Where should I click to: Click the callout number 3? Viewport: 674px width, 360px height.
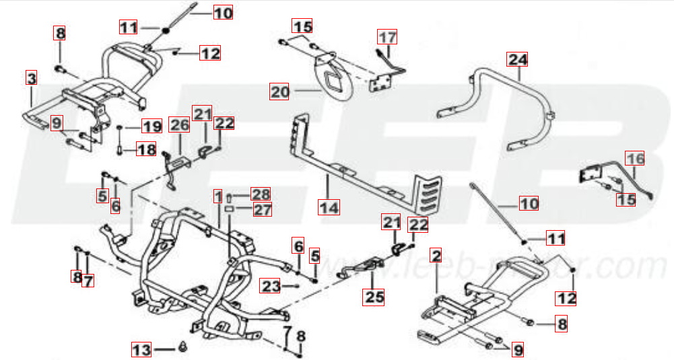31,78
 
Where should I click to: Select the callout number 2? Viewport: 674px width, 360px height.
436,256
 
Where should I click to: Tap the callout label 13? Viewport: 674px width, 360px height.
141,350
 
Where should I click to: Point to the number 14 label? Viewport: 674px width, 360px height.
329,207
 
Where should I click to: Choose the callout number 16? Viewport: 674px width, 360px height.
635,158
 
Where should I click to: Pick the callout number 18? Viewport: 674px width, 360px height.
146,149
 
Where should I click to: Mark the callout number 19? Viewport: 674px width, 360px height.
151,126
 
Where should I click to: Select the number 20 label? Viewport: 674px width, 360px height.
279,91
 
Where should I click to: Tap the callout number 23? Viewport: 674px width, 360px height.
271,287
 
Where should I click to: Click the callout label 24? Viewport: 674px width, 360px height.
518,59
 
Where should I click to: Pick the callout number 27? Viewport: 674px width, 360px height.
261,209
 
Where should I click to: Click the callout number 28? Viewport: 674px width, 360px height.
261,195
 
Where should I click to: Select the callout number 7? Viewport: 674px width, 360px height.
87,279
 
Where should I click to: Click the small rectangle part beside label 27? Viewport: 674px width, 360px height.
229,209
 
